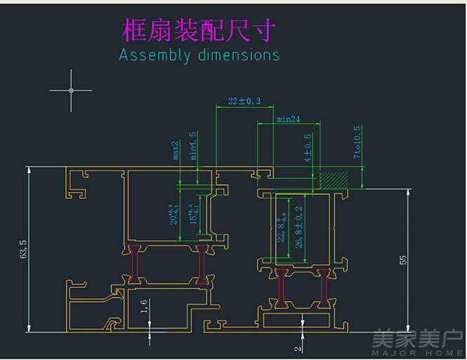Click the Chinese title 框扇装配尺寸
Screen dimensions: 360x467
pyautogui.click(x=199, y=30)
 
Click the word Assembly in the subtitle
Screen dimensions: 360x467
pyautogui.click(x=154, y=55)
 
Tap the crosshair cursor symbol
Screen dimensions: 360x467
pyautogui.click(x=71, y=90)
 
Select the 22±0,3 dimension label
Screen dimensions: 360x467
pyautogui.click(x=244, y=102)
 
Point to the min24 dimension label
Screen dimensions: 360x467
pyautogui.click(x=288, y=120)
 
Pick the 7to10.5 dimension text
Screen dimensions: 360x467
pyautogui.click(x=357, y=142)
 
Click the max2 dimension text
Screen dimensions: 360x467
pyautogui.click(x=176, y=150)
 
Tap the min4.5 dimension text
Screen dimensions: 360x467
pyautogui.click(x=194, y=146)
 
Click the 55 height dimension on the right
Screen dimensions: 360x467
pyautogui.click(x=403, y=260)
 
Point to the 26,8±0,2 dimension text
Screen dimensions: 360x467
pyautogui.click(x=299, y=228)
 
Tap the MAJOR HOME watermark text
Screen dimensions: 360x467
pyautogui.click(x=418, y=352)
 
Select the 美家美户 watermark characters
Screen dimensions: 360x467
pyautogui.click(x=418, y=339)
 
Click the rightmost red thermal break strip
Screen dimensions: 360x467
pyautogui.click(x=325, y=289)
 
